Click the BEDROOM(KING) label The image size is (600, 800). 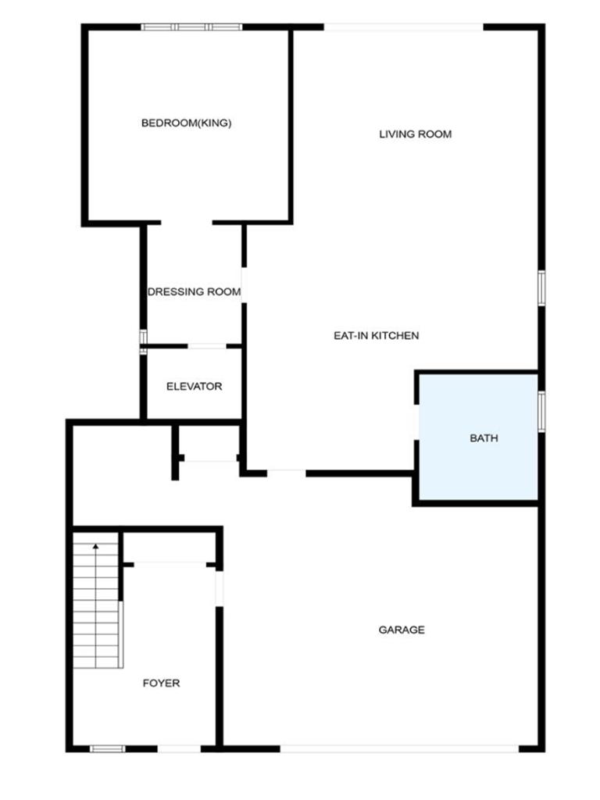pyautogui.click(x=186, y=123)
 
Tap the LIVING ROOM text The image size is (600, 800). pyautogui.click(x=416, y=134)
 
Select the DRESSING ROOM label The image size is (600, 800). pyautogui.click(x=194, y=292)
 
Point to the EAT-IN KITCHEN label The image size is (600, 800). pyautogui.click(x=376, y=336)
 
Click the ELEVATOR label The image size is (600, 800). pyautogui.click(x=194, y=387)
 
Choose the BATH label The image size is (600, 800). pyautogui.click(x=484, y=438)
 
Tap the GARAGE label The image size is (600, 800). pyautogui.click(x=402, y=630)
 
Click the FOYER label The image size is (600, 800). pyautogui.click(x=161, y=683)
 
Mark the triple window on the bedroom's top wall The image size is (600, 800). pyautogui.click(x=191, y=27)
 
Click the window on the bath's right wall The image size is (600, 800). pyautogui.click(x=541, y=411)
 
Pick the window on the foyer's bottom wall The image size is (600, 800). pyautogui.click(x=108, y=748)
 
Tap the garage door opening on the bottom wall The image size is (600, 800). pyautogui.click(x=399, y=748)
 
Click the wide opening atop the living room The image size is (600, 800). pyautogui.click(x=404, y=27)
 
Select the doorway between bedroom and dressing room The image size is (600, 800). pyautogui.click(x=187, y=223)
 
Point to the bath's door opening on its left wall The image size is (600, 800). pyautogui.click(x=416, y=422)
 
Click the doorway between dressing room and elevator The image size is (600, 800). pyautogui.click(x=206, y=346)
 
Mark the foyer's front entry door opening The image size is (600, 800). pyautogui.click(x=179, y=748)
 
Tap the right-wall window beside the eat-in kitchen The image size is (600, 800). pyautogui.click(x=541, y=288)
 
